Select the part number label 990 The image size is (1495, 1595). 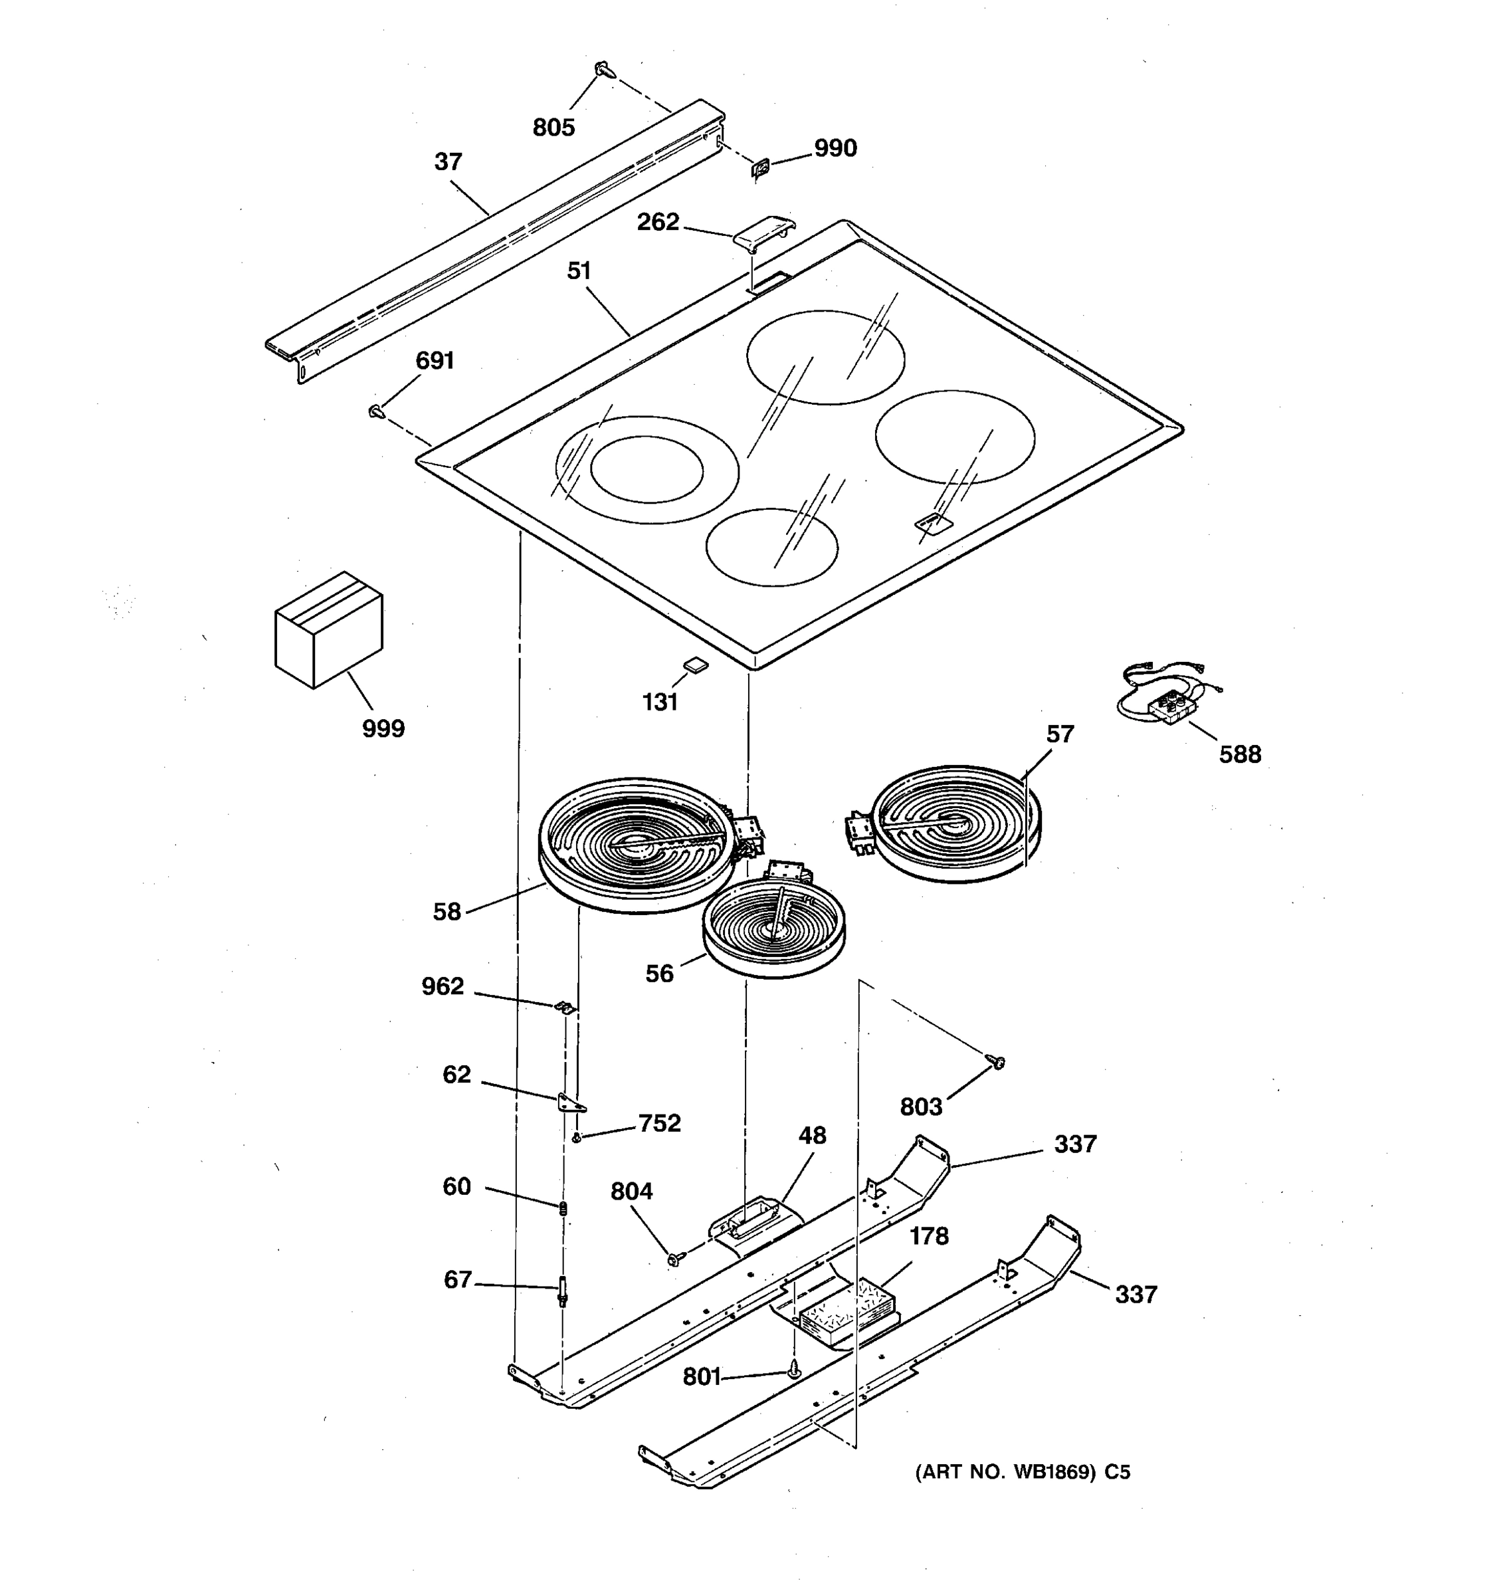(835, 148)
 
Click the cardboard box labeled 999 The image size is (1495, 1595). (328, 630)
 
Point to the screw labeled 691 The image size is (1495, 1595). (375, 411)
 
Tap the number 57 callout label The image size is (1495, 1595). (1060, 734)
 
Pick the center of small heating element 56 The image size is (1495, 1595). (774, 930)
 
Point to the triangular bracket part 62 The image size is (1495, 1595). (570, 1103)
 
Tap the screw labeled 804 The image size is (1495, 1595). (674, 1259)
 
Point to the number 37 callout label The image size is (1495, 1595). (448, 162)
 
